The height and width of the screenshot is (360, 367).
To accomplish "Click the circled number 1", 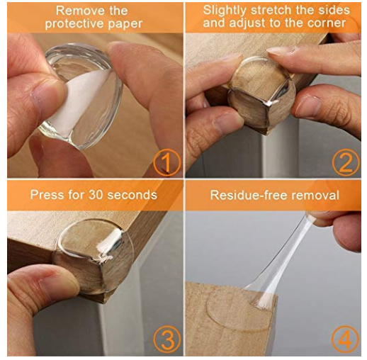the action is click(x=167, y=162).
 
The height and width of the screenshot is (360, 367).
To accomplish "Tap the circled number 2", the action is click(x=346, y=162).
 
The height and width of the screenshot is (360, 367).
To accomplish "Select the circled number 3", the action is click(x=167, y=339).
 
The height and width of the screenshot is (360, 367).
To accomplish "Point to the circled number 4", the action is click(x=345, y=339).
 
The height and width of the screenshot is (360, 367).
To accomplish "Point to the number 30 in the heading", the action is click(x=96, y=195).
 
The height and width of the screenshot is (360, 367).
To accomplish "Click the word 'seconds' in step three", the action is click(x=132, y=195).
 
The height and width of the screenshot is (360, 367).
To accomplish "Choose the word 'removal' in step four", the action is click(x=314, y=196).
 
